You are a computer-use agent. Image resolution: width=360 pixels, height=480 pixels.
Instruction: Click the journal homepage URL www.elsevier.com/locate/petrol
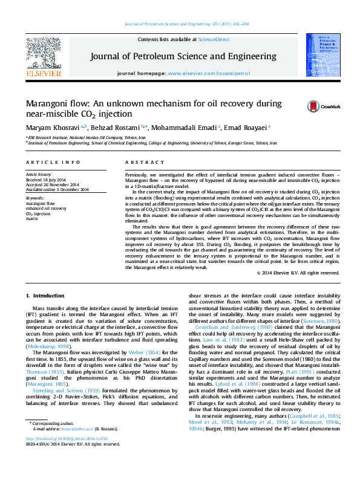[200, 73]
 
